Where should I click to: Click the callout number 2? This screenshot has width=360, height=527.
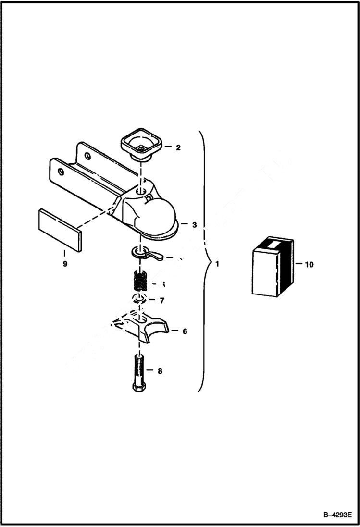click(x=178, y=147)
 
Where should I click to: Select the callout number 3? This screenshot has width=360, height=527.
click(x=194, y=224)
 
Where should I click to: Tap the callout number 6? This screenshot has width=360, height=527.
click(x=185, y=331)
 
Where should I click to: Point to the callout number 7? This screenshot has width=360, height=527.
click(x=162, y=301)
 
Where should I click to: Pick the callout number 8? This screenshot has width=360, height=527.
click(x=160, y=371)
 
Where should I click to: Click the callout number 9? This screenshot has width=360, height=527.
click(x=65, y=264)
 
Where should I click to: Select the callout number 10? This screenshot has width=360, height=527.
click(x=309, y=264)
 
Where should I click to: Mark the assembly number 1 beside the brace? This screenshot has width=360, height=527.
click(x=217, y=264)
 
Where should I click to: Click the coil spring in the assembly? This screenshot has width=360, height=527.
click(x=139, y=281)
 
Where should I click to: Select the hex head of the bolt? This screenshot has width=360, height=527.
click(x=138, y=387)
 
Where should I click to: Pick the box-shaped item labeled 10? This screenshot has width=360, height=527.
click(x=272, y=267)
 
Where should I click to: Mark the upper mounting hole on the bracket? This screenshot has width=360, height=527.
click(x=87, y=155)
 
